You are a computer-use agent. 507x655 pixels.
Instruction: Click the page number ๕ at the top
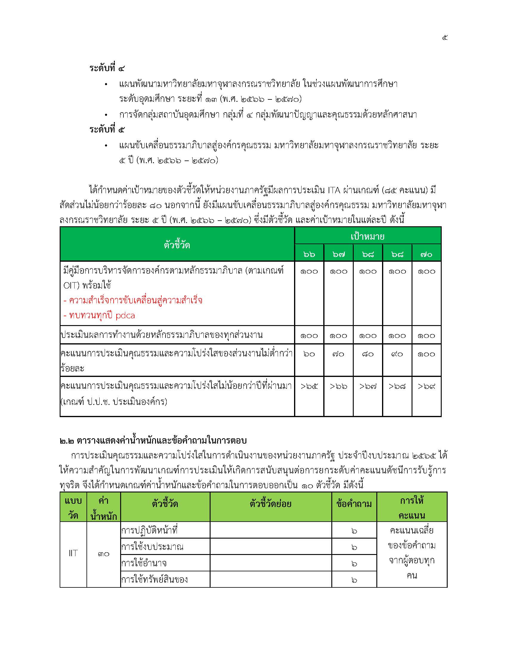click(445, 38)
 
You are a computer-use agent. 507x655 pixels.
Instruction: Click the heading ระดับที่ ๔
click(107, 68)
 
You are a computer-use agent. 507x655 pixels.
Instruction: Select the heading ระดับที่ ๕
click(107, 130)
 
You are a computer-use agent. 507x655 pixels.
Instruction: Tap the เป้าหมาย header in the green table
click(367, 236)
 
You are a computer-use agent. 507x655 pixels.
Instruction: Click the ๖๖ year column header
click(309, 254)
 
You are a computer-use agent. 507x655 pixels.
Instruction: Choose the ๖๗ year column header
click(338, 254)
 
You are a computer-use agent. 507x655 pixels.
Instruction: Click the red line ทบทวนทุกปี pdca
click(99, 315)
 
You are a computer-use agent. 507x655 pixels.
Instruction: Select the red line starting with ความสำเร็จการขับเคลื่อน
click(133, 300)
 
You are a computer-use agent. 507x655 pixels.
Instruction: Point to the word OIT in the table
click(71, 285)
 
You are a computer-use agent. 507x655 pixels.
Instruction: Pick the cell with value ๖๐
click(309, 354)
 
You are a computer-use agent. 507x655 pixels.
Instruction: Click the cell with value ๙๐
click(397, 354)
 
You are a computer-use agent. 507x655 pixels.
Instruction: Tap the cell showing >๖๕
click(309, 386)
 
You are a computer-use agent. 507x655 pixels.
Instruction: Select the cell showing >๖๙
click(426, 386)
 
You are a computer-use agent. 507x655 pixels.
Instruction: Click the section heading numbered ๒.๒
click(153, 440)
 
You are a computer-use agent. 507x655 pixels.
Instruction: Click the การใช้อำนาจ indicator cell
click(144, 563)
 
